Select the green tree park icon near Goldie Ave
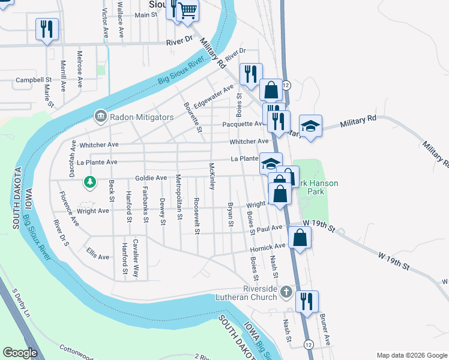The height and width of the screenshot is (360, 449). pyautogui.click(x=89, y=181)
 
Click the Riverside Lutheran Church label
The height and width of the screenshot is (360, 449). pyautogui.click(x=252, y=293)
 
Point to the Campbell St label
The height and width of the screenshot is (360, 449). pyautogui.click(x=34, y=80)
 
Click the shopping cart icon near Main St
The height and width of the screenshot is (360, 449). pyautogui.click(x=188, y=10)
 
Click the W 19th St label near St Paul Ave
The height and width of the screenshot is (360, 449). pyautogui.click(x=318, y=223)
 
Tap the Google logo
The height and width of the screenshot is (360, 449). pyautogui.click(x=20, y=353)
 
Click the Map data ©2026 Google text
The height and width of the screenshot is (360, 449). pyautogui.click(x=411, y=355)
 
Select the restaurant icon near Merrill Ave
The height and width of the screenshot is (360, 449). pyautogui.click(x=47, y=28)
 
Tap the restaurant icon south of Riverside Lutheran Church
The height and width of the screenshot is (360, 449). pyautogui.click(x=307, y=301)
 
